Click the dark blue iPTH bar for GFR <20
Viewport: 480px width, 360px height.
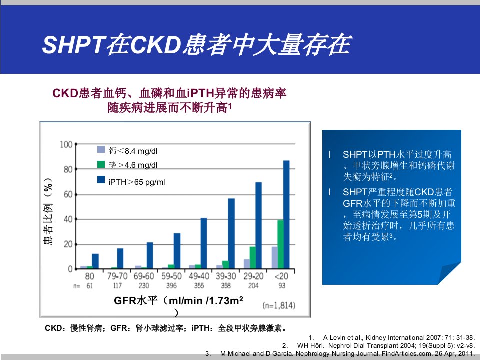click(286, 215)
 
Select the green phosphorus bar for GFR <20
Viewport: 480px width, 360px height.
click(280, 244)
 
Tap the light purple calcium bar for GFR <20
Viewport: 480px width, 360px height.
click(275, 258)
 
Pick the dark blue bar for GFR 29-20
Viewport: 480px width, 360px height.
click(258, 225)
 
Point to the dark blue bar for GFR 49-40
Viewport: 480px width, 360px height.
click(204, 243)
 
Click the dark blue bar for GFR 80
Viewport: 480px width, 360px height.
click(95, 261)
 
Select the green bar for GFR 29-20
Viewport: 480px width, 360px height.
click(253, 258)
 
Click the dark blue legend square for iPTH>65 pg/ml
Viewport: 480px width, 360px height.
click(101, 179)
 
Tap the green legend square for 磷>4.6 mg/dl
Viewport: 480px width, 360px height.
click(101, 164)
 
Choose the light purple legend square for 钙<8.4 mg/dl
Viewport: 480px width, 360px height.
click(101, 149)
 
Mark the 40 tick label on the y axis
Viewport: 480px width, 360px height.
click(68, 219)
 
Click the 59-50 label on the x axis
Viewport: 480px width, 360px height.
click(171, 276)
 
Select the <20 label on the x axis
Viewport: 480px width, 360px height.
click(281, 276)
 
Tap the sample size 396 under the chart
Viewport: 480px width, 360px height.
click(171, 285)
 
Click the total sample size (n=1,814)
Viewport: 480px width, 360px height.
click(279, 305)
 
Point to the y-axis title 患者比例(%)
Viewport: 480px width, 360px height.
click(48, 211)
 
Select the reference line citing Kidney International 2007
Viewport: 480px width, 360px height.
click(392, 338)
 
